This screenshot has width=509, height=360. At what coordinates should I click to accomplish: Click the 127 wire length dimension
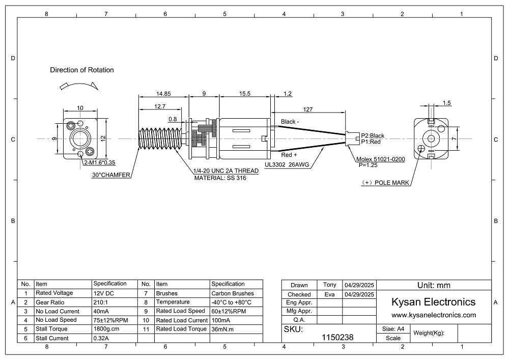308,109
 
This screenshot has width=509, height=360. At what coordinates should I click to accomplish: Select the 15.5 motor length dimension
244,94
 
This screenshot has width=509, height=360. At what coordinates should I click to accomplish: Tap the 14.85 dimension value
163,94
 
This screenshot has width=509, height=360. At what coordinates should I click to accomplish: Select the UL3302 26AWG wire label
287,165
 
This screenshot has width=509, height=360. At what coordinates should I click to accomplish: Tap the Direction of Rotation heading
82,70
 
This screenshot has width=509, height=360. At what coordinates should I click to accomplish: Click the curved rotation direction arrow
79,84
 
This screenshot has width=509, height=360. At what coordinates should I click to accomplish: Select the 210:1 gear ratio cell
101,302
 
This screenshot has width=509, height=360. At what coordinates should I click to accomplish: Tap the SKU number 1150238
338,337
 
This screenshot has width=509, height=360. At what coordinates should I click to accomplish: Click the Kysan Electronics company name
433,302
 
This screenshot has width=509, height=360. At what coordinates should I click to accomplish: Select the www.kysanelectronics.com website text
433,315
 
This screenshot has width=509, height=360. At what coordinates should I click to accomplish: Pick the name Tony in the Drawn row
330,285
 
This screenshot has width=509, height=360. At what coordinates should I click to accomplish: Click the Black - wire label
290,122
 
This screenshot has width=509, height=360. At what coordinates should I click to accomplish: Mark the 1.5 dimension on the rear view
446,103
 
